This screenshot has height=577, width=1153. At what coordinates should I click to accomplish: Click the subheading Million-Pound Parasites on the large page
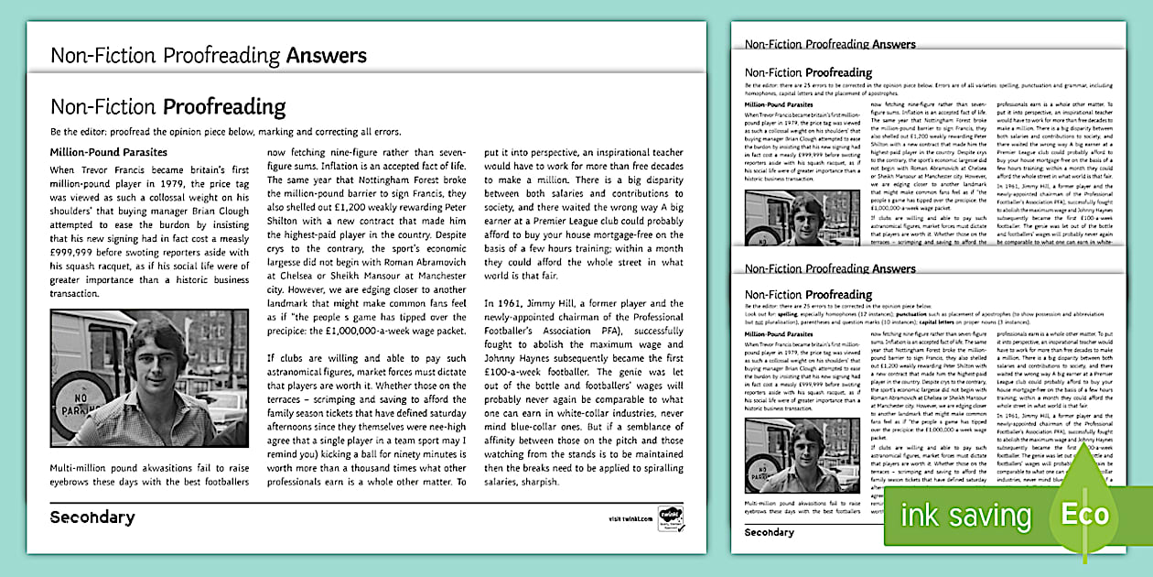click(x=108, y=152)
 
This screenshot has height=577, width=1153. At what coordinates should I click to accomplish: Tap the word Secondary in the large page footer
click(x=92, y=517)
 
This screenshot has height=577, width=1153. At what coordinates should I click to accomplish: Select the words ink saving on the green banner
click(x=965, y=516)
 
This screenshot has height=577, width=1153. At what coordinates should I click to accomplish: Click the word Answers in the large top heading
click(x=326, y=55)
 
